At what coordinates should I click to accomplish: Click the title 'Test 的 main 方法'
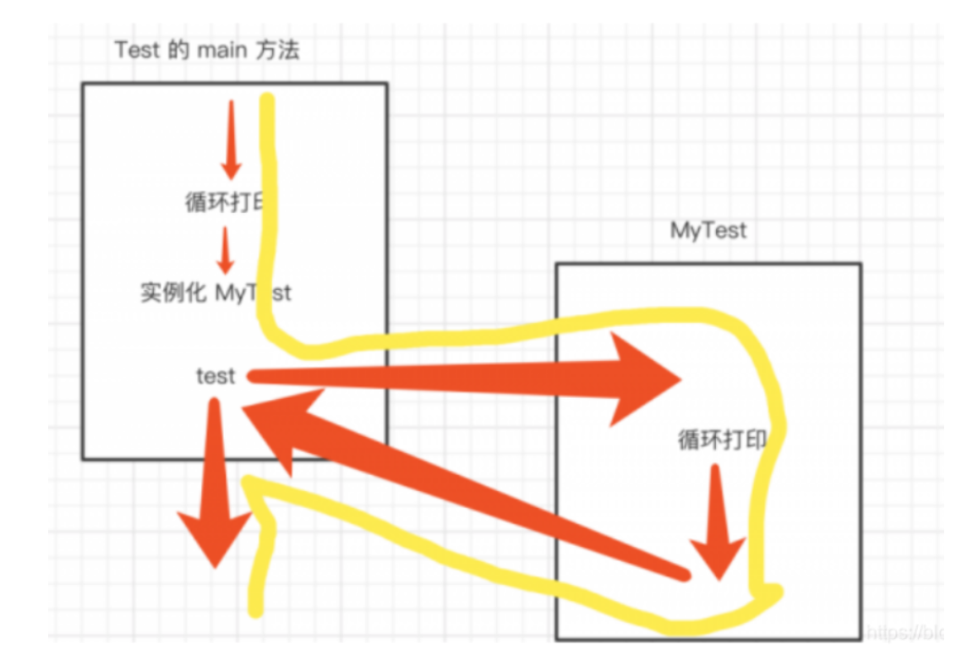(x=207, y=50)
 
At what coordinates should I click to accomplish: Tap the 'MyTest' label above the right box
(x=708, y=230)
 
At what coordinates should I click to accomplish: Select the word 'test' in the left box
(x=216, y=376)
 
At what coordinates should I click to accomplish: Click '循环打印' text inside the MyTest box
(x=723, y=439)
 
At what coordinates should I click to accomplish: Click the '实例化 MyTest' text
(x=216, y=293)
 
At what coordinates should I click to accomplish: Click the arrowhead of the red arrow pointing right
(x=647, y=379)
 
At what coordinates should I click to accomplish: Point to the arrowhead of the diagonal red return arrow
(x=275, y=427)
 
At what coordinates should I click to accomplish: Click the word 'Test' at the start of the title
(x=138, y=50)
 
